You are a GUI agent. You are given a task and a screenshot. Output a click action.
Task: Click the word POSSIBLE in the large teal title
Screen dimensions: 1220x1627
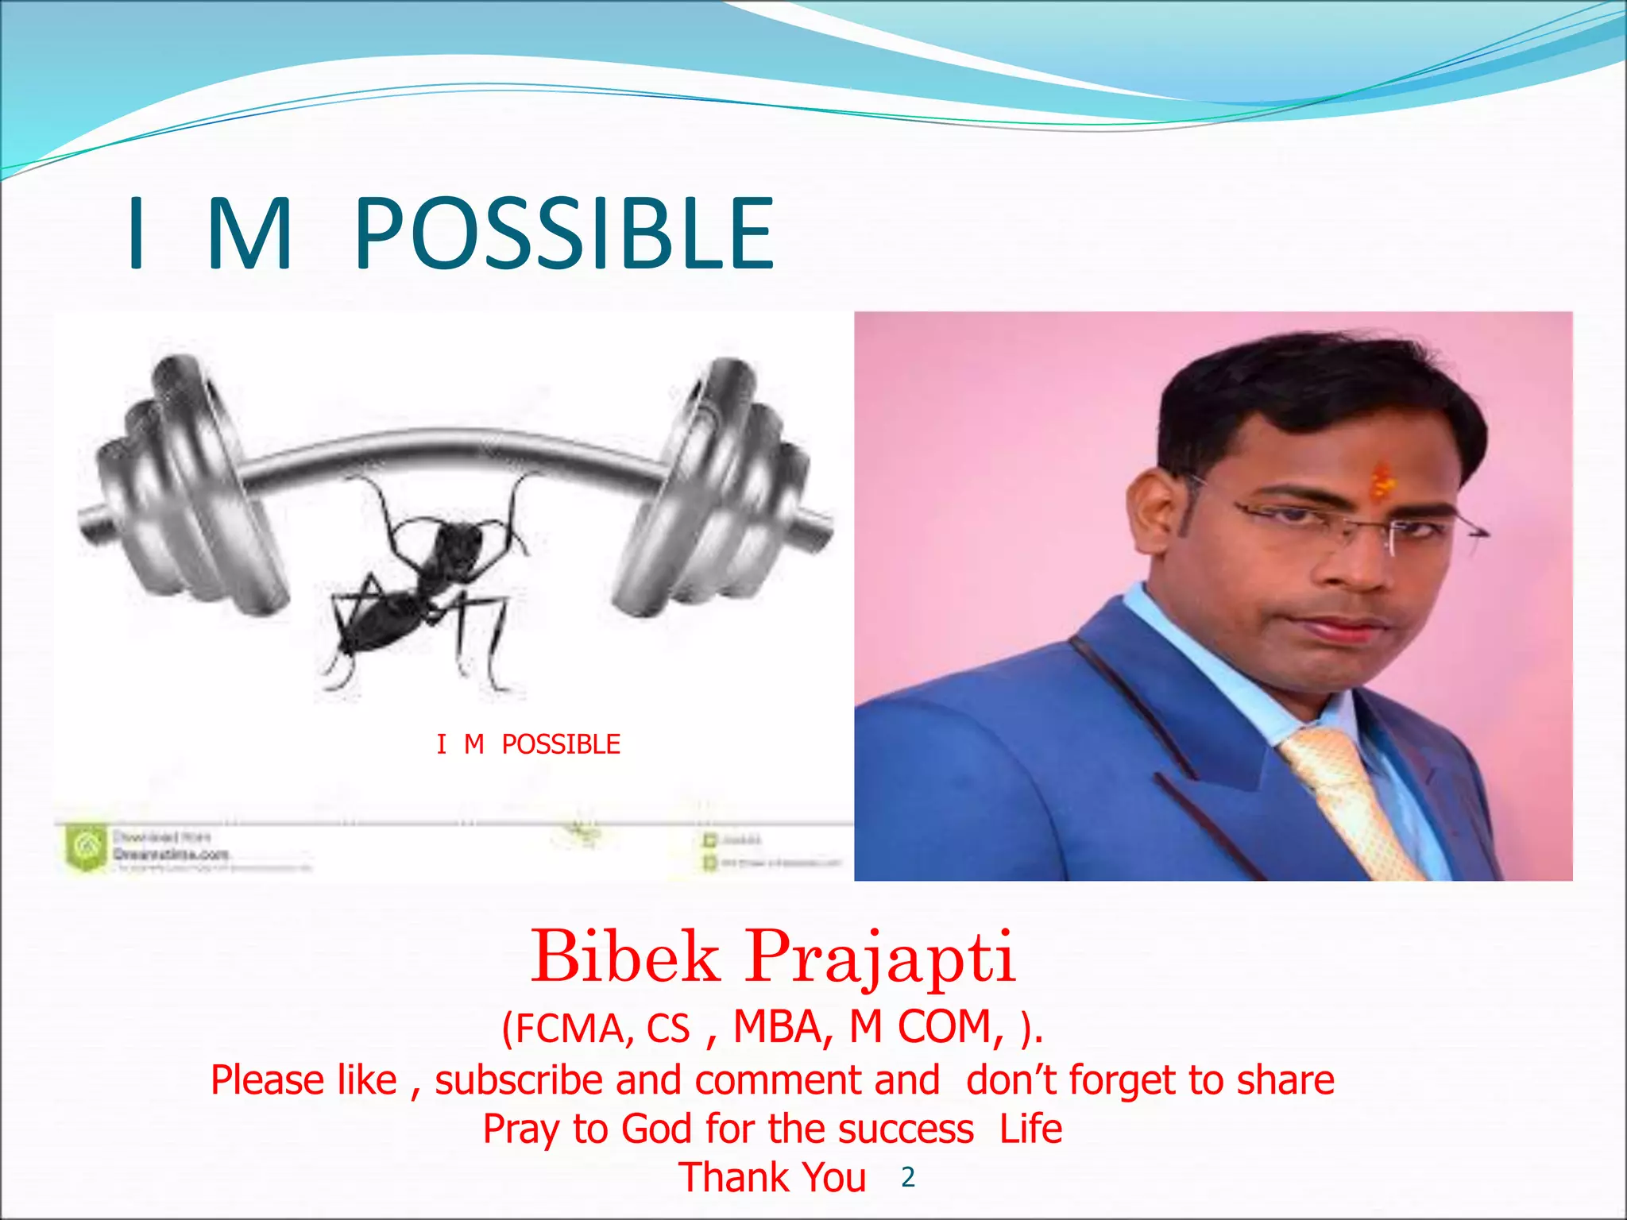point(564,234)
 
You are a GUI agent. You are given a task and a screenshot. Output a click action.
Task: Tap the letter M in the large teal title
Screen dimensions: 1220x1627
point(249,234)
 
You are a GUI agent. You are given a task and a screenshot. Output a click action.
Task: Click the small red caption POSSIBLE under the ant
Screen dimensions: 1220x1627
point(561,744)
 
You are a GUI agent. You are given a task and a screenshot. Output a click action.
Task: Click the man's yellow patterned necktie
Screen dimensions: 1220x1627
point(1351,802)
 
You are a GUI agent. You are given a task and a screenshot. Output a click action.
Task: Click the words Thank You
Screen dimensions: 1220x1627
point(771,1177)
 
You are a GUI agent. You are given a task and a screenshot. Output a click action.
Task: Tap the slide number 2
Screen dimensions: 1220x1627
point(908,1178)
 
